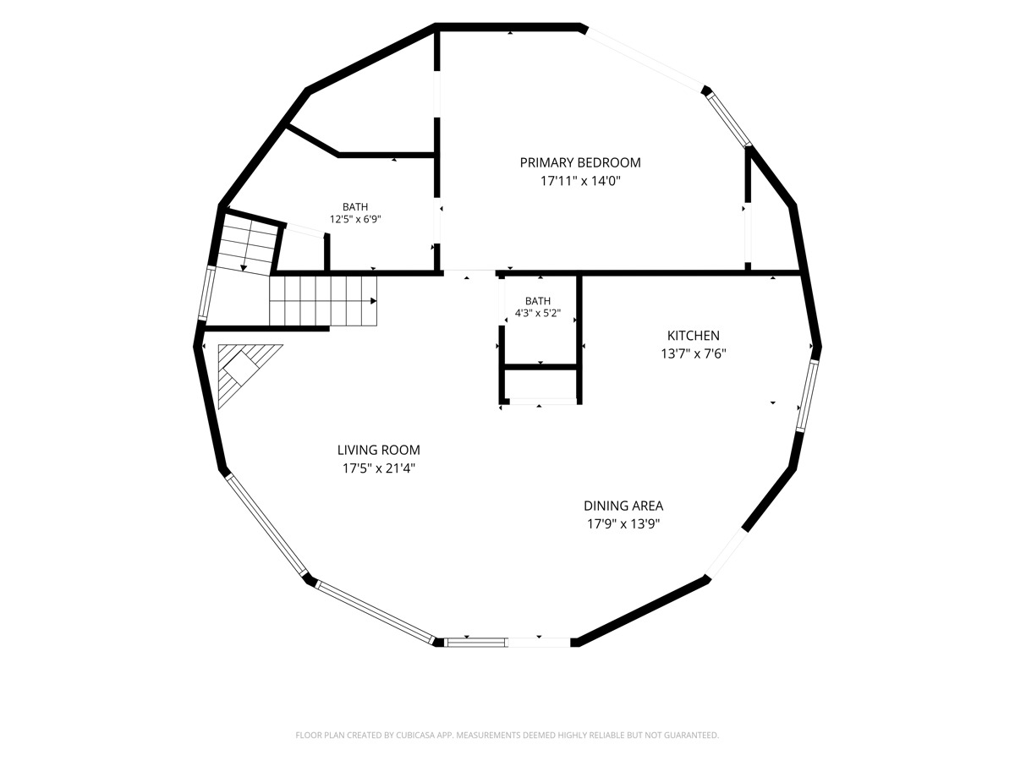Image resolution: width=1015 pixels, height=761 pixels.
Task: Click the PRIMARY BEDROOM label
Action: pyautogui.click(x=580, y=162)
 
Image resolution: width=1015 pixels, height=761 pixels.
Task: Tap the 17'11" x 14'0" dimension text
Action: pyautogui.click(x=580, y=181)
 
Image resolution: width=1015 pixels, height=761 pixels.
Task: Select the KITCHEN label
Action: pyautogui.click(x=693, y=336)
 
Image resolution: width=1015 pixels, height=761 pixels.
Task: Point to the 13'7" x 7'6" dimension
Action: pyautogui.click(x=693, y=354)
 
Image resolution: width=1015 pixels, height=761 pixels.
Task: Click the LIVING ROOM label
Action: pyautogui.click(x=379, y=450)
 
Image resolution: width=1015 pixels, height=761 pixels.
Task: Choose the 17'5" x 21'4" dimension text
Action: pyautogui.click(x=379, y=468)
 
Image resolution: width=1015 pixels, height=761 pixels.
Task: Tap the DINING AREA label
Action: pyautogui.click(x=623, y=506)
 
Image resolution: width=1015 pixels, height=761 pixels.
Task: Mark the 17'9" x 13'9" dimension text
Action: pyautogui.click(x=623, y=524)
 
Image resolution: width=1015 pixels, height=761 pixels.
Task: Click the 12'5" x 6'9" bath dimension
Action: pyautogui.click(x=355, y=219)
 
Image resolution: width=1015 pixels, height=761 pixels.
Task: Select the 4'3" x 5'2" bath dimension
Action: pyautogui.click(x=538, y=313)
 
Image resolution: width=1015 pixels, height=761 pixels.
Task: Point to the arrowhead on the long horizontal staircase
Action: pyautogui.click(x=374, y=301)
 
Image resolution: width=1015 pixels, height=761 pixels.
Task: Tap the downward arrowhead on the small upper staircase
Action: pyautogui.click(x=244, y=268)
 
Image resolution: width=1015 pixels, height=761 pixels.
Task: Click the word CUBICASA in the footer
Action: pyautogui.click(x=415, y=735)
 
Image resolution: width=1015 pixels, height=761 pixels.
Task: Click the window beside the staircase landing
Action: pyautogui.click(x=206, y=292)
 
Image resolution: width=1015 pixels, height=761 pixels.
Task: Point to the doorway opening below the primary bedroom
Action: pyautogui.click(x=469, y=272)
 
